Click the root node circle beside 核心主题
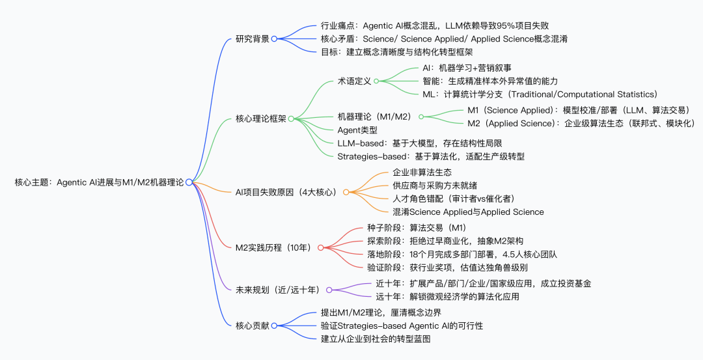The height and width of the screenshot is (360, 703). point(189,182)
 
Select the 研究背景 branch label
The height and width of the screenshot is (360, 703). point(252,38)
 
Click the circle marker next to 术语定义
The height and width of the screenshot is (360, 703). point(376,81)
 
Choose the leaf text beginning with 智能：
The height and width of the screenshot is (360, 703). point(490,81)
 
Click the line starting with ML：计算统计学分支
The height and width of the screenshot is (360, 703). point(540,94)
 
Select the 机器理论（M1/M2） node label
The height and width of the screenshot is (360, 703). point(374,117)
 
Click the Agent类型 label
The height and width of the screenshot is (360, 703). point(357,130)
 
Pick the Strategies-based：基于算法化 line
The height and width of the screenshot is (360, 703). point(430,156)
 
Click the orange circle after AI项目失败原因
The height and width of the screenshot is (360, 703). point(346,192)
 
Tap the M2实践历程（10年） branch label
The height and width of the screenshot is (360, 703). point(275,247)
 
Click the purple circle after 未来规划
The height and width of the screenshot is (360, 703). point(329,290)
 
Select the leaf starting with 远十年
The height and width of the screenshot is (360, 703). point(447,296)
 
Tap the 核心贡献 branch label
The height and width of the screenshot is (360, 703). point(252,325)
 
